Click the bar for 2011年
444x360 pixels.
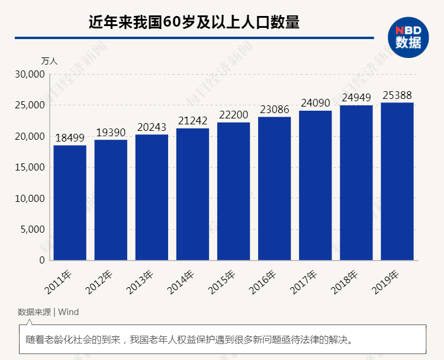[x=70, y=202]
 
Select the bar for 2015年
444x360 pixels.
[x=233, y=191]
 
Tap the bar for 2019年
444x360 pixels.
[x=397, y=181]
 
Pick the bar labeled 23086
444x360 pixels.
[x=274, y=188]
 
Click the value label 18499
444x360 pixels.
[x=70, y=138]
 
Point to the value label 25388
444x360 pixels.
[x=397, y=95]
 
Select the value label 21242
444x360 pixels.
[x=192, y=121]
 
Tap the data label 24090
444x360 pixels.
[x=315, y=103]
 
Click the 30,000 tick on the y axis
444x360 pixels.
[x=30, y=75]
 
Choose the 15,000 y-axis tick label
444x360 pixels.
[x=30, y=168]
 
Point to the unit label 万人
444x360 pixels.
[x=49, y=61]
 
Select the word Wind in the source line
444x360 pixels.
[x=68, y=312]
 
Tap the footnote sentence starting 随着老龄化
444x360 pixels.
[x=189, y=340]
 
